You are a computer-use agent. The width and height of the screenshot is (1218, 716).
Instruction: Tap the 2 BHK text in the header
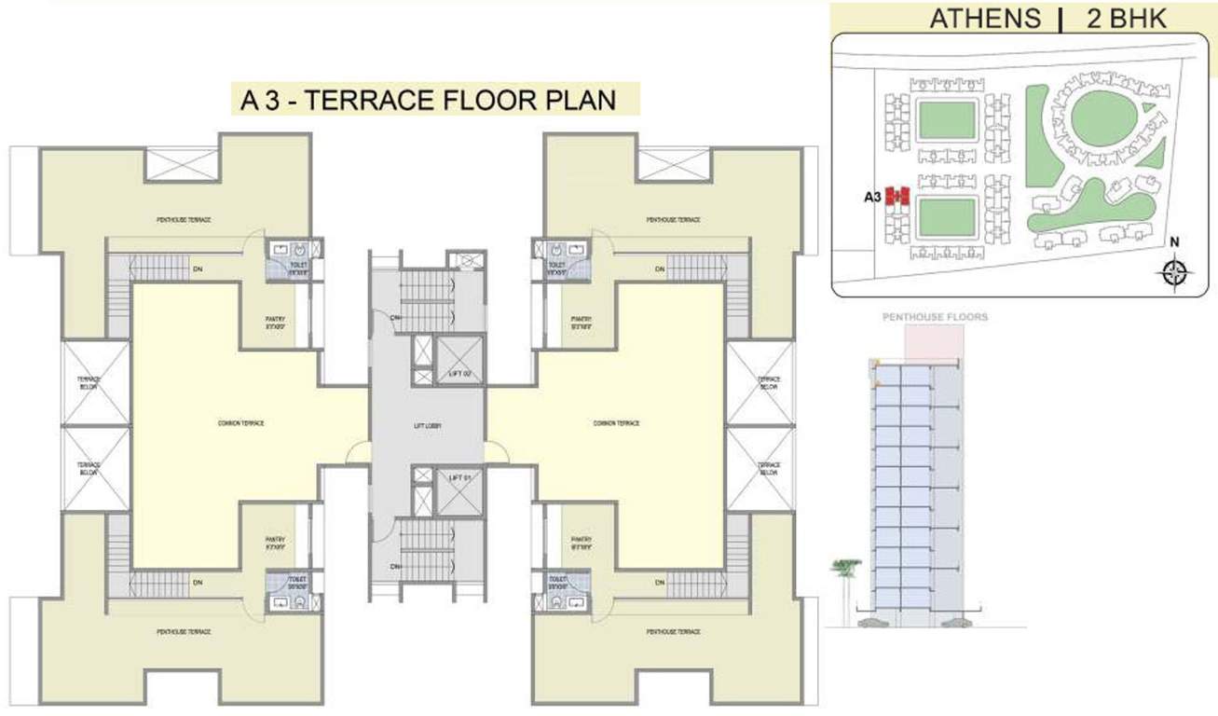click(1120, 19)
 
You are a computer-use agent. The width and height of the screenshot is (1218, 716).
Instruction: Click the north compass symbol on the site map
click(1175, 271)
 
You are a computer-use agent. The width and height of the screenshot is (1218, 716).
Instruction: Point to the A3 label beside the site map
click(872, 197)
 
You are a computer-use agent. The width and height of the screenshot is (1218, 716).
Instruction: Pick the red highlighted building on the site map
click(896, 196)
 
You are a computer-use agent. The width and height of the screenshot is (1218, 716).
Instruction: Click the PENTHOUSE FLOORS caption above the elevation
click(935, 317)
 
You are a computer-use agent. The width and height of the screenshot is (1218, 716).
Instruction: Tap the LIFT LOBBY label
click(427, 426)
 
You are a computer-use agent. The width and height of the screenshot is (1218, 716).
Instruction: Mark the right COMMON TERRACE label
click(617, 423)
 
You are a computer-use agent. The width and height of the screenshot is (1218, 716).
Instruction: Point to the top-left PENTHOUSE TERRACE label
click(184, 219)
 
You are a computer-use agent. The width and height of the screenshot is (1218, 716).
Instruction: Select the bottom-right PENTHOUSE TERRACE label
click(674, 632)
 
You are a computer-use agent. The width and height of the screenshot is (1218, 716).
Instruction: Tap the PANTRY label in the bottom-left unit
click(275, 542)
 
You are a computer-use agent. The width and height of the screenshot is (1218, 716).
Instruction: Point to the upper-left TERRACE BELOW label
click(89, 383)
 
